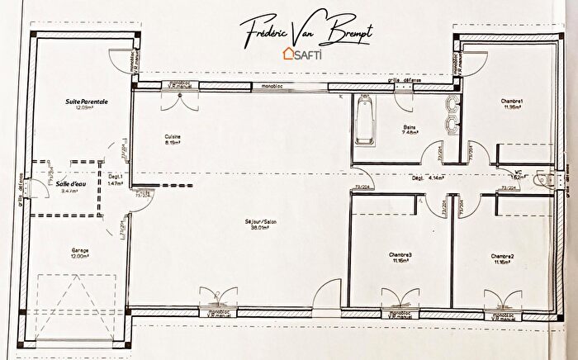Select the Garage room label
pyautogui.click(x=79, y=250)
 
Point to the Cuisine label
pyautogui.click(x=172, y=136)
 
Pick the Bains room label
pyautogui.click(x=410, y=126)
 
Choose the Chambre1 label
pyautogui.click(x=512, y=101)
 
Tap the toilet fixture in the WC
pyautogui.click(x=542, y=179)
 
